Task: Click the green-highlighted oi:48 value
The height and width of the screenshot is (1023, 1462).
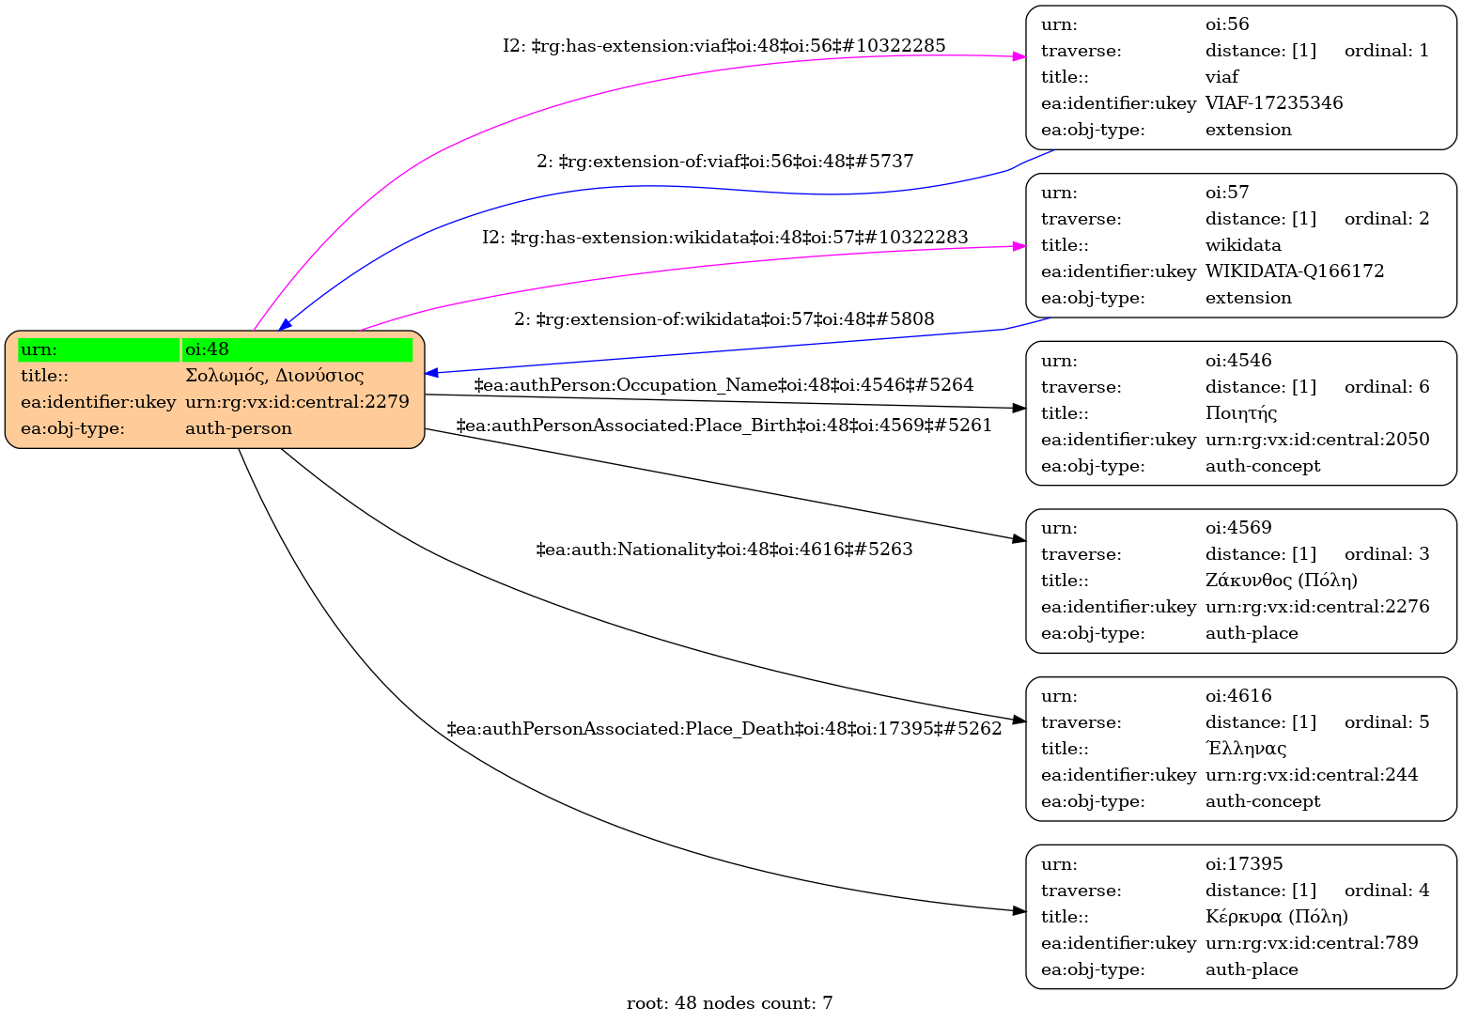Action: point(297,349)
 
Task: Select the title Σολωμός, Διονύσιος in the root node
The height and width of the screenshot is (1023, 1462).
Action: point(274,376)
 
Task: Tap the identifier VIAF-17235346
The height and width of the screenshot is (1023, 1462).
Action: point(1274,103)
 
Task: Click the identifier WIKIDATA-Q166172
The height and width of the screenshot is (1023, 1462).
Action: point(1295,271)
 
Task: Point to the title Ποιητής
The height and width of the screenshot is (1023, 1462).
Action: point(1241,413)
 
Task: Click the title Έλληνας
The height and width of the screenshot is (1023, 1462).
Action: point(1246,749)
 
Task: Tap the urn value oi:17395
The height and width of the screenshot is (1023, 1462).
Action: point(1244,864)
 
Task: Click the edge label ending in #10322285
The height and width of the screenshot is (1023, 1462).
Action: point(723,45)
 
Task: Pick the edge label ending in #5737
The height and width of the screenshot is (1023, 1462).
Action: point(724,162)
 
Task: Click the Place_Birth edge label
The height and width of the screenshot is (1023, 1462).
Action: point(723,426)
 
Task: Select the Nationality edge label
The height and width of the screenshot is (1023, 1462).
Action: point(723,550)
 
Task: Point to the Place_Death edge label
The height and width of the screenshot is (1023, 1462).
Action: point(723,729)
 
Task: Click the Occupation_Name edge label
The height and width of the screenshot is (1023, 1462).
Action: point(723,385)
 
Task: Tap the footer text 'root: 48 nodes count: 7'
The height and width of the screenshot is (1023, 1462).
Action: point(729,1003)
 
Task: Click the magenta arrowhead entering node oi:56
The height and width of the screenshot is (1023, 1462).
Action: point(1019,57)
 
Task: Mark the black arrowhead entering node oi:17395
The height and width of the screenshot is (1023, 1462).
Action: point(1019,911)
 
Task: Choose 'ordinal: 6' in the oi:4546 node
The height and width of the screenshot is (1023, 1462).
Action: point(1386,387)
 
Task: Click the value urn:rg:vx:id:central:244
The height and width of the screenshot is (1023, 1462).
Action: point(1312,775)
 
